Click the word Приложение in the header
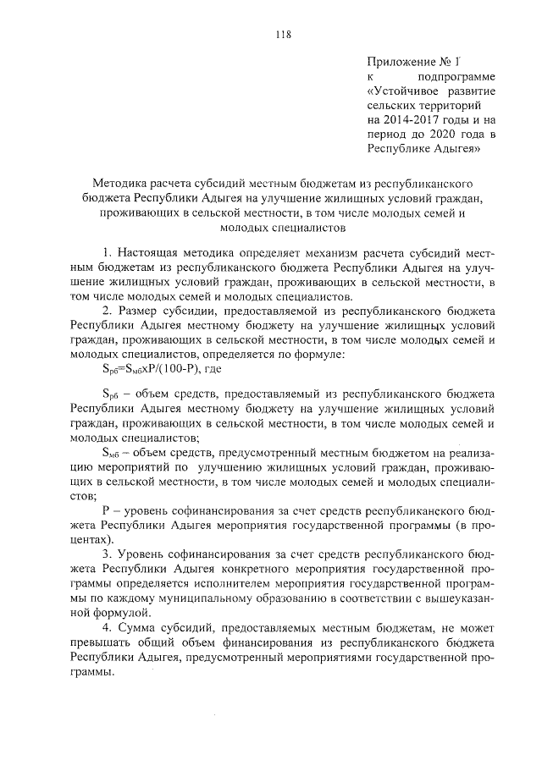tap(400, 63)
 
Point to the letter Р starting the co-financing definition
tap(106, 513)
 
